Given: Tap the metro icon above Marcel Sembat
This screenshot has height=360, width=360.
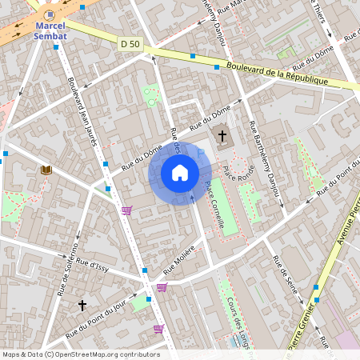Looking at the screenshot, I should pyautogui.click(x=50, y=14).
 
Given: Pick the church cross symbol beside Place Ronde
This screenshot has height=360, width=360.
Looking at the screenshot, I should pyautogui.click(x=222, y=137).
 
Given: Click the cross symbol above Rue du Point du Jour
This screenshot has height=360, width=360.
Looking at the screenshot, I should pyautogui.click(x=82, y=305).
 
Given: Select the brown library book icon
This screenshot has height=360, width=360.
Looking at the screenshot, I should pyautogui.click(x=46, y=170).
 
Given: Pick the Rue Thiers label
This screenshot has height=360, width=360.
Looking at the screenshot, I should pyautogui.click(x=329, y=17).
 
